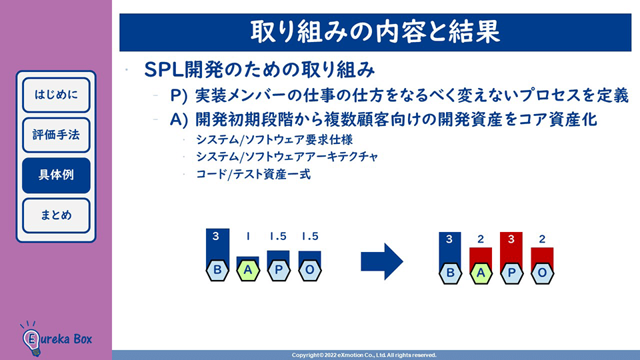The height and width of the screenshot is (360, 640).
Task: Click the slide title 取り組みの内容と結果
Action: (x=375, y=31)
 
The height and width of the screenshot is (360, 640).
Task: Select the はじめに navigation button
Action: (x=56, y=95)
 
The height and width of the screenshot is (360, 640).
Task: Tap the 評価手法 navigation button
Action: (x=56, y=135)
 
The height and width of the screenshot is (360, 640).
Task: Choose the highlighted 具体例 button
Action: (x=56, y=175)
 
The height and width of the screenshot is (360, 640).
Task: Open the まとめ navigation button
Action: (x=56, y=215)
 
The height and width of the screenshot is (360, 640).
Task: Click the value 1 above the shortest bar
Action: (x=248, y=237)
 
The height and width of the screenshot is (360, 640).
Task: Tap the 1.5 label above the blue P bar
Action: (x=278, y=237)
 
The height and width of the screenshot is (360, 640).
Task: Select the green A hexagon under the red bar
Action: (x=481, y=273)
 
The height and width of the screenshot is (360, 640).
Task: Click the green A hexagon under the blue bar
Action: (x=248, y=270)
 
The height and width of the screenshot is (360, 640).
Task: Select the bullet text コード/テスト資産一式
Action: (x=253, y=175)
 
